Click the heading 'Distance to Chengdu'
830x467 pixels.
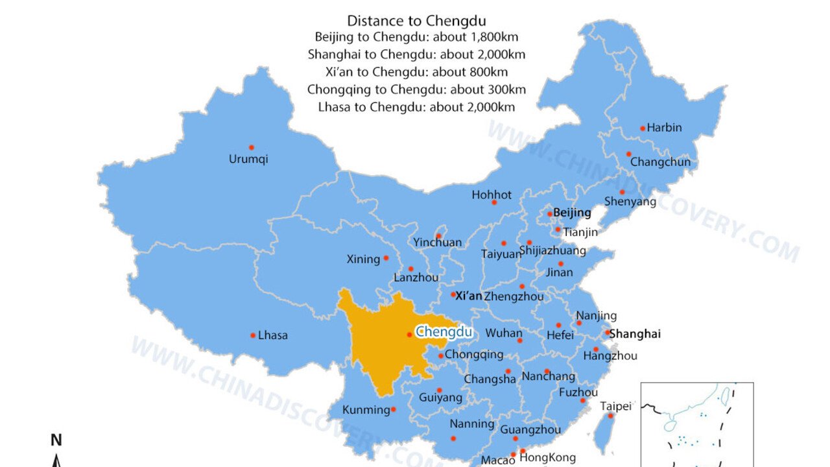416,21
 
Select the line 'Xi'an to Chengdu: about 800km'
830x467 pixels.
416,71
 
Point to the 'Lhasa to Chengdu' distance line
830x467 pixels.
416,107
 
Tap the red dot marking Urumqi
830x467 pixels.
252,147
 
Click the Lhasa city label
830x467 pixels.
273,335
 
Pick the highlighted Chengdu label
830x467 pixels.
444,332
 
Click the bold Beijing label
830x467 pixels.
572,213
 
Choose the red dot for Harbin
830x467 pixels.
643,128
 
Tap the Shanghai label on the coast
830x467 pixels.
636,334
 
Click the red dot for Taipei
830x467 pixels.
610,416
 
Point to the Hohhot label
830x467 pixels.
492,195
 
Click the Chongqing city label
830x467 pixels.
474,355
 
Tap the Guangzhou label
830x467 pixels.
530,429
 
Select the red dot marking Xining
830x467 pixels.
386,257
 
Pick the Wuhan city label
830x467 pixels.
504,333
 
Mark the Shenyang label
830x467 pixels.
630,202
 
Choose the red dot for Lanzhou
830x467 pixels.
410,269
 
